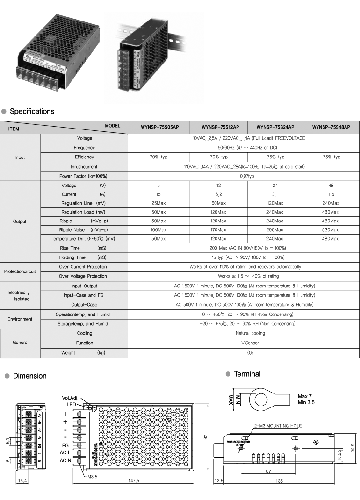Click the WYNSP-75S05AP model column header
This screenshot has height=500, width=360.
pos(158,127)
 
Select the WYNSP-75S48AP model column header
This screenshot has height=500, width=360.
pos(331,127)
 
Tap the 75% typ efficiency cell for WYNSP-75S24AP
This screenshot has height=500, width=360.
pos(275,157)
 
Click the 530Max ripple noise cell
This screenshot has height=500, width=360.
pos(331,230)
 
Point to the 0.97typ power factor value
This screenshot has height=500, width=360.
pos(244,176)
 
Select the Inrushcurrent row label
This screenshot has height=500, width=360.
pos(84,167)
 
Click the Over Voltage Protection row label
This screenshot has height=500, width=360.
pos(83,276)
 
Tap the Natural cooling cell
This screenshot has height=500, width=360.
pos(244,333)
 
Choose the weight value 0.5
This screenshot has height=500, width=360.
pos(244,353)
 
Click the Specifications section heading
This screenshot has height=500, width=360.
pos(32,112)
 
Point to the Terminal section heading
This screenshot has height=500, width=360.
pos(247,374)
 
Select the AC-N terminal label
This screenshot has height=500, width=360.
pos(65,461)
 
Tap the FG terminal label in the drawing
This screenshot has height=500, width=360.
pos(65,445)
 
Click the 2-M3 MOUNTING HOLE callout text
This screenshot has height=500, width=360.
pos(278,426)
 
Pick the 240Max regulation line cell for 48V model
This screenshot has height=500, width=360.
pos(331,203)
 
